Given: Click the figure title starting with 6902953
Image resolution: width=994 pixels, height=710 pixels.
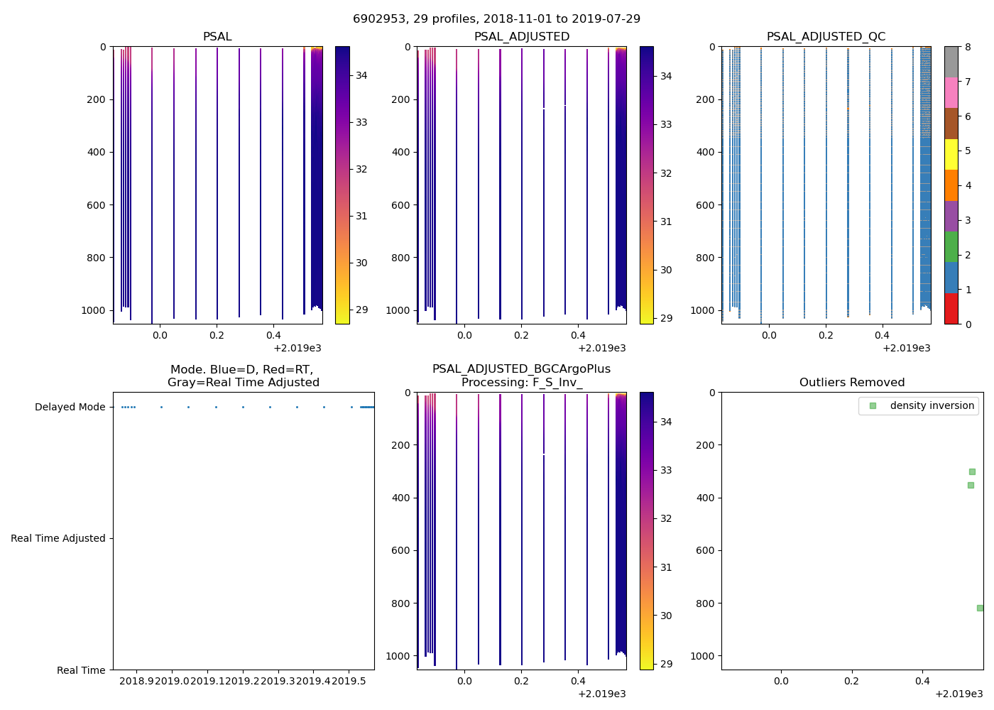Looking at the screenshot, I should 496,18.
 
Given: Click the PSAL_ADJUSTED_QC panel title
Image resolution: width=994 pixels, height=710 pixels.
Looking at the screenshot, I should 826,36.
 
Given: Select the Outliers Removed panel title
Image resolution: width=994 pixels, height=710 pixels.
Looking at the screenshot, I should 852,382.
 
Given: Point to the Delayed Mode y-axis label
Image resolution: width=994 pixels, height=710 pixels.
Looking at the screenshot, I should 70,407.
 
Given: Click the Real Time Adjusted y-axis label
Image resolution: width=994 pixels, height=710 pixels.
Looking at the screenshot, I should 58,538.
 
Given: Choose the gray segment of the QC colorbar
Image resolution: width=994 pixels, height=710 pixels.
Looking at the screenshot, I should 951,62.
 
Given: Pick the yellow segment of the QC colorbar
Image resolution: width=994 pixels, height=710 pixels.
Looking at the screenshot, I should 951,154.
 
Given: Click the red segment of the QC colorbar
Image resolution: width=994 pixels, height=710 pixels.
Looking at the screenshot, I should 951,309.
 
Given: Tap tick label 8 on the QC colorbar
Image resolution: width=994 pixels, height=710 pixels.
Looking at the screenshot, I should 968,47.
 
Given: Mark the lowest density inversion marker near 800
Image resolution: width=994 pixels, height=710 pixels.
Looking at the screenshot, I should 980,608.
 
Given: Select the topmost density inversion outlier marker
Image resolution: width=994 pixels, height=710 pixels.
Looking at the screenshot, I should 972,471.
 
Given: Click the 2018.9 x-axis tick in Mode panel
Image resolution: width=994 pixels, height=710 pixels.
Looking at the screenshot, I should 136,681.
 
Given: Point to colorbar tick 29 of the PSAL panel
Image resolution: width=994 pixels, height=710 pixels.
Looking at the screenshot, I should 361,310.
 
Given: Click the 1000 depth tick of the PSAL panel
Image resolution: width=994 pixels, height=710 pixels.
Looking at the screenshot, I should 97,310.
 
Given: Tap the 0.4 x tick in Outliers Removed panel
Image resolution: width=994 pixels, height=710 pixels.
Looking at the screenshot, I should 922,681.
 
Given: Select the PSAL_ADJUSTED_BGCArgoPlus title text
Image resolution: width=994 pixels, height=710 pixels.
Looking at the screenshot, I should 521,369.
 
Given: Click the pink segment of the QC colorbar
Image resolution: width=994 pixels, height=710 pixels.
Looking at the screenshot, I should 951,92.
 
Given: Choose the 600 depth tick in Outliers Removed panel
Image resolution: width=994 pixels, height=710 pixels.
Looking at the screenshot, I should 705,550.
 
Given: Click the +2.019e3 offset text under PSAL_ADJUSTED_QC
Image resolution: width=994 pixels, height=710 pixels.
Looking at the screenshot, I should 906,348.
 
